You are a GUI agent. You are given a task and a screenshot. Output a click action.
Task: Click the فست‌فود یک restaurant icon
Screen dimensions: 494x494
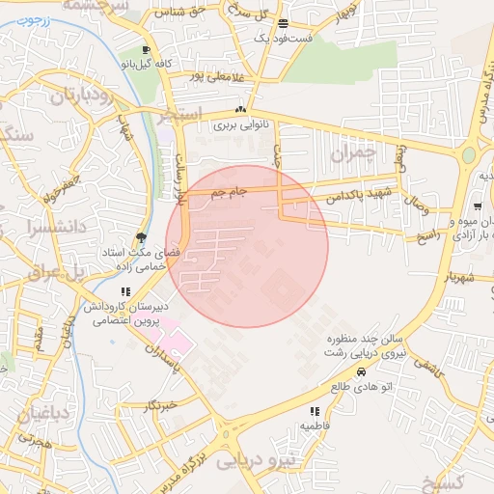click(282, 23)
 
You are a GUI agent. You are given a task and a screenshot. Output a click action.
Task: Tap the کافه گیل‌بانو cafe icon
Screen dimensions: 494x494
click(146, 50)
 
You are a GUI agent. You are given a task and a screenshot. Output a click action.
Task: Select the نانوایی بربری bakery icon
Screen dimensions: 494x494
click(239, 110)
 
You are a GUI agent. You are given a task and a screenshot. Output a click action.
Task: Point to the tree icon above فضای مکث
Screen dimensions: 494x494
click(142, 237)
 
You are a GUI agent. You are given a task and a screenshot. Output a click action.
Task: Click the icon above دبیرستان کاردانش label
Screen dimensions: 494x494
click(124, 291)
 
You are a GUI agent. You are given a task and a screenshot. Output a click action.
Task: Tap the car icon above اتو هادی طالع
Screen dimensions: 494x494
click(361, 371)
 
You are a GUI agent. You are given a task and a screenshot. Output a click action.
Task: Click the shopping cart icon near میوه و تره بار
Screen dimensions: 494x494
click(478, 207)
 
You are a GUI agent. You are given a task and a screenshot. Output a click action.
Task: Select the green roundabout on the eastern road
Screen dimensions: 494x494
click(468, 154)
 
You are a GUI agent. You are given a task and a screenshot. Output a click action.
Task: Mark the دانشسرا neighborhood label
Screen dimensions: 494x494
click(33, 230)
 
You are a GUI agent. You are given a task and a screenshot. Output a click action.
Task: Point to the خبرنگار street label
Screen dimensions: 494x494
click(158, 407)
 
